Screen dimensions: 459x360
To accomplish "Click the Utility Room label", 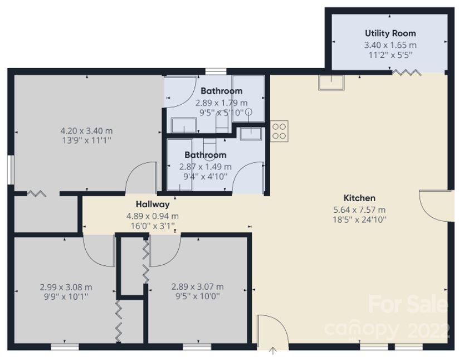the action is (390, 33).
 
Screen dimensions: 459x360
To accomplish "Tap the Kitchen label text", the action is (359, 198).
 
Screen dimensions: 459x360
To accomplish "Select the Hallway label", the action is (153, 204).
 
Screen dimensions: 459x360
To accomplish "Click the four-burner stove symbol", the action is (279, 132).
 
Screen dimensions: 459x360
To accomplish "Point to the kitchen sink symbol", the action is (331, 82).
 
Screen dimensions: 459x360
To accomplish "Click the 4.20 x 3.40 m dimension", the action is (86, 130).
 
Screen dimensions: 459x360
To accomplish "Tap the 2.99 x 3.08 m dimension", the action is (66, 287).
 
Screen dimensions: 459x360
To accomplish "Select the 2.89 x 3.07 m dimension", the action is (198, 286).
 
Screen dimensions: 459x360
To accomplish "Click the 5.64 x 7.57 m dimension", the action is (359, 210).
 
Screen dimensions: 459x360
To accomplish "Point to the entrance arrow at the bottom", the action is (273, 351).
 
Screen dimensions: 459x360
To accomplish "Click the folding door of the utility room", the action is (407, 72).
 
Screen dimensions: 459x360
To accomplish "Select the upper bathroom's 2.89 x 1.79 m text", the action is (221, 103).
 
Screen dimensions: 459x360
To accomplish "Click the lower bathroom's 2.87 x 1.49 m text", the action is (205, 167).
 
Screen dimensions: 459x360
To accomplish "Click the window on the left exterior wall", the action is (11, 170).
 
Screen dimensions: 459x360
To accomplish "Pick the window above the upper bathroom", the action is (216, 71).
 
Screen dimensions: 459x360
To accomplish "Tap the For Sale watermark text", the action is (408, 305).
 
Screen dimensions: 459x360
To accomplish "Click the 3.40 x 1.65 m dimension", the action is (390, 45).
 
